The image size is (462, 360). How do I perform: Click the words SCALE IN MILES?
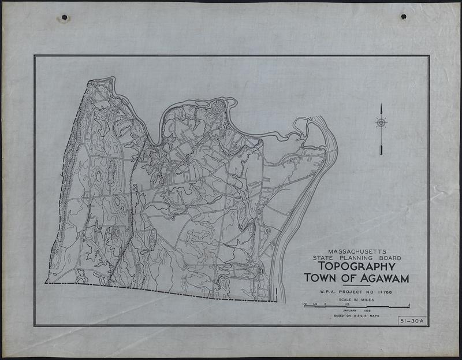[x=356, y=300]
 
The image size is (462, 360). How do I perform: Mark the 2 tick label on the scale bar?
[x=409, y=303]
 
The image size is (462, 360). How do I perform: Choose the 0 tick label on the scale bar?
[x=325, y=303]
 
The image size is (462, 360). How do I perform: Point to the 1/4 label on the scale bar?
[x=315, y=303]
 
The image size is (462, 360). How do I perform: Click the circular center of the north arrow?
[x=381, y=123]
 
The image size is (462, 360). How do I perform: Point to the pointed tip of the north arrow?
[x=381, y=105]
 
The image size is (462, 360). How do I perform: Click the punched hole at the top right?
[x=403, y=16]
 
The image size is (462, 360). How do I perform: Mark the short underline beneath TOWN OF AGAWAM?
[x=356, y=285]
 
